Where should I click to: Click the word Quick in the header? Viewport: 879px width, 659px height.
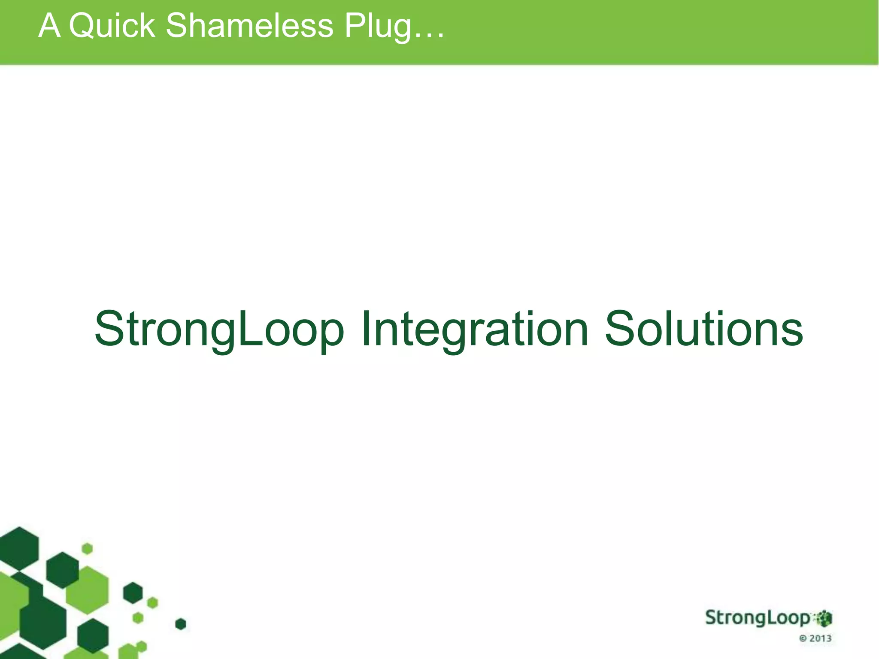click(112, 26)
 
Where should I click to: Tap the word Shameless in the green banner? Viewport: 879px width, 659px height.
click(249, 26)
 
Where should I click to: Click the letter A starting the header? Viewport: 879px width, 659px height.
click(48, 26)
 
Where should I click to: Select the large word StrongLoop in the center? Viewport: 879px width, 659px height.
click(219, 329)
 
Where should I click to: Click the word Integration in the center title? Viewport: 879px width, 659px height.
click(474, 329)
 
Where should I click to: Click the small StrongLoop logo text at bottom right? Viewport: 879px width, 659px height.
click(758, 618)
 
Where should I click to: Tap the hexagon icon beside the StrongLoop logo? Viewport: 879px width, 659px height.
click(824, 618)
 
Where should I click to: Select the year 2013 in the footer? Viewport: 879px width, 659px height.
click(820, 638)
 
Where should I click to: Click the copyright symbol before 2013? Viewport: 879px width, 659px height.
click(803, 639)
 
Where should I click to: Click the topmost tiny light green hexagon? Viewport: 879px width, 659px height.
click(87, 548)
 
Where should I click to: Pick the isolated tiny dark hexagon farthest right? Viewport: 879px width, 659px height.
click(181, 624)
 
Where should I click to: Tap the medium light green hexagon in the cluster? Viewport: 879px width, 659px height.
click(88, 589)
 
